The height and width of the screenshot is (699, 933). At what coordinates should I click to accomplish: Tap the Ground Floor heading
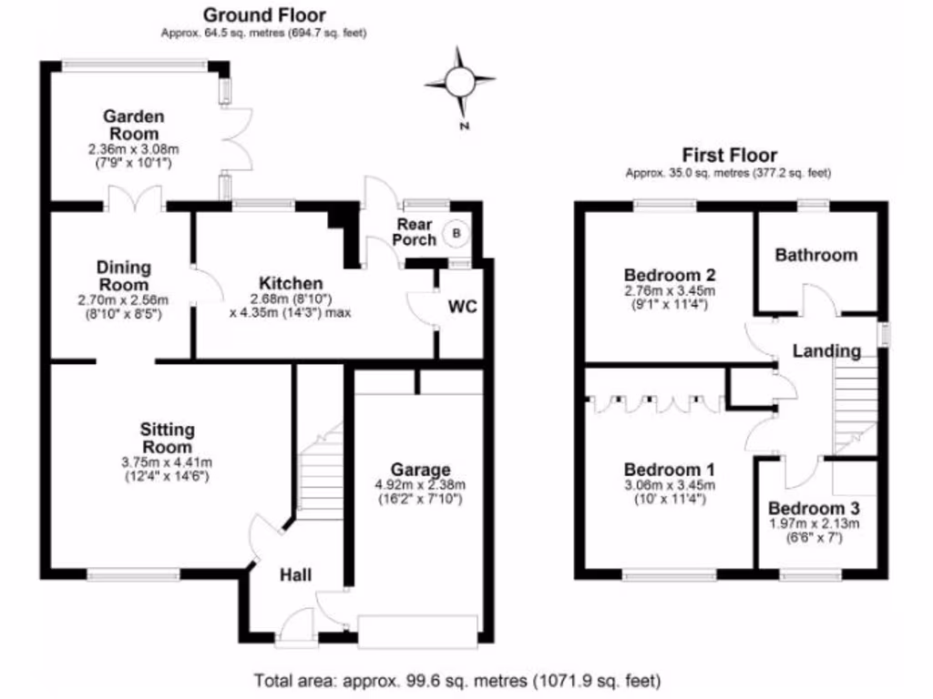[263, 15]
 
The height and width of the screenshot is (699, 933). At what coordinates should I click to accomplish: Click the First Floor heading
[729, 155]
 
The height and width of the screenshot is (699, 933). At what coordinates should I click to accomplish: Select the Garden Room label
[133, 126]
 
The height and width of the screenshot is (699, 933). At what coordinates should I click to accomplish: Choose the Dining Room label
[123, 276]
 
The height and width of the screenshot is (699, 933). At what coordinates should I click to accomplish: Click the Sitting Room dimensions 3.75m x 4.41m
[166, 462]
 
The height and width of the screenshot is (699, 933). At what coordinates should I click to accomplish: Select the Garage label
[420, 470]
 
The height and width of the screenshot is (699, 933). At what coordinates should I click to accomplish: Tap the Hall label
[295, 574]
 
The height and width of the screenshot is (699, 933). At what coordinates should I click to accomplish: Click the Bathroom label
[815, 255]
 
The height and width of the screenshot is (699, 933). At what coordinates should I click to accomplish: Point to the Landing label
[825, 350]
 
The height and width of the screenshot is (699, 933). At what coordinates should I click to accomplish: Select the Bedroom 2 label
[669, 275]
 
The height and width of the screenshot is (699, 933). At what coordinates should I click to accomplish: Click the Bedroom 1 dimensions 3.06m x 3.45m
[669, 485]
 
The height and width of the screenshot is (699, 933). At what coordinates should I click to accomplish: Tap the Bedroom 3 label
[814, 508]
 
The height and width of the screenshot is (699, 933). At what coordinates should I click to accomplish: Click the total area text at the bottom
[456, 681]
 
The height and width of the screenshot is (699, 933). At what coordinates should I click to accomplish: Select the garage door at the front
[418, 631]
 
